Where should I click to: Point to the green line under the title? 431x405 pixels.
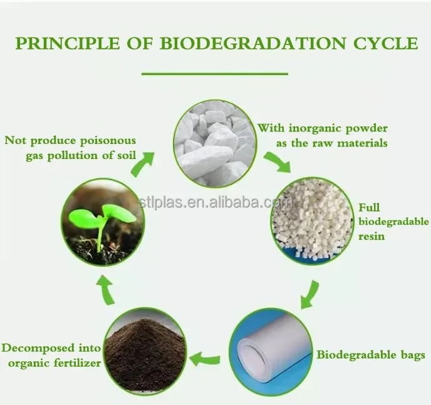214,74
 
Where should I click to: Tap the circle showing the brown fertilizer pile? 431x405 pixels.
145,347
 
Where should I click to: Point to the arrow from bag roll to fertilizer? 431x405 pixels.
205,359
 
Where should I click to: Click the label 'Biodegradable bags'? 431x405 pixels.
371,355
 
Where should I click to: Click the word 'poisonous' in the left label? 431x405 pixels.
106,141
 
